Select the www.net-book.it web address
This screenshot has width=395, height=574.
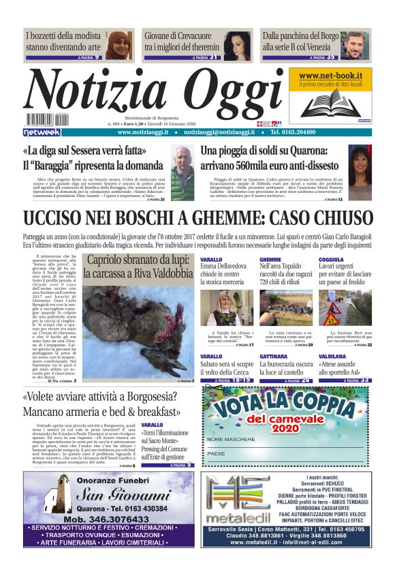(330, 75)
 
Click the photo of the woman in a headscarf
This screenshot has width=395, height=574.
(118, 46)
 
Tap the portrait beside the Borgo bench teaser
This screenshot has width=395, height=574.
(355, 46)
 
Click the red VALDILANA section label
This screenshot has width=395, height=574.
(332, 357)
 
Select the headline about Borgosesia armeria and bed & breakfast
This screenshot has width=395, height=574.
(99, 404)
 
